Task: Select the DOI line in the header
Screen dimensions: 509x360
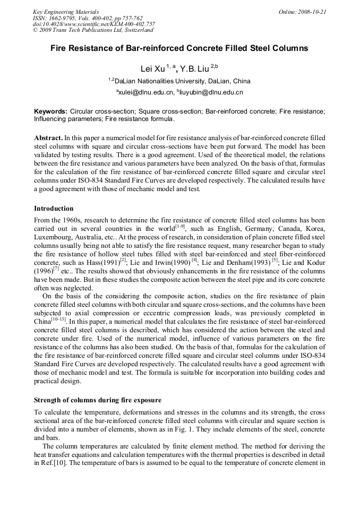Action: coord(94,24)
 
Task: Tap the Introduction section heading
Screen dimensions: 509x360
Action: coord(54,208)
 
